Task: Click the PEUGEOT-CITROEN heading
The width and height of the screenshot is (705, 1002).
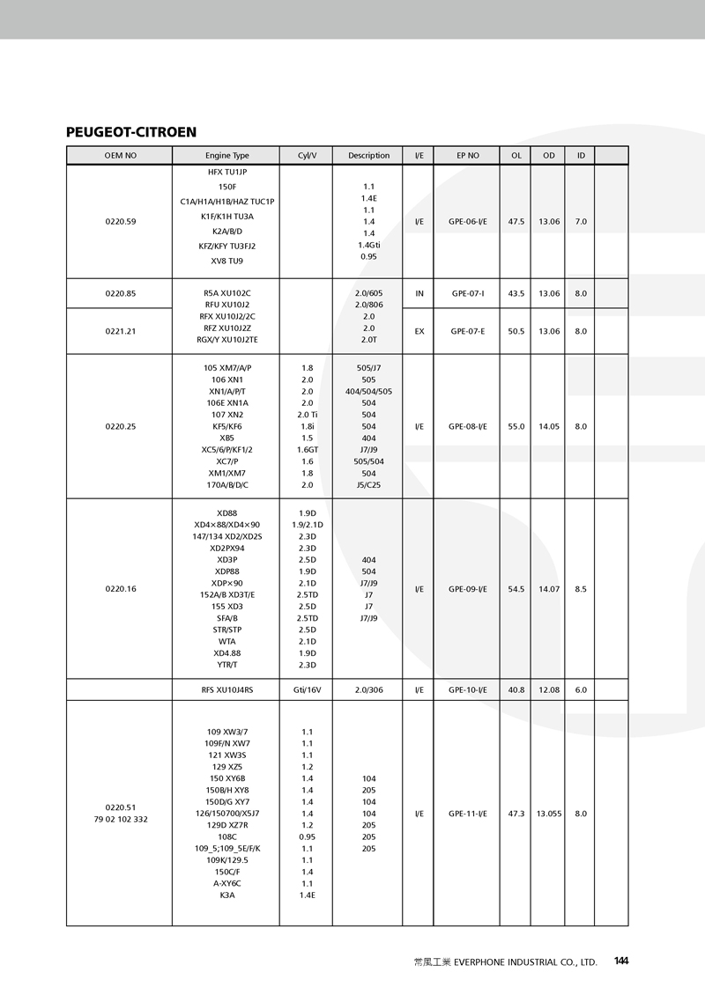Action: (x=131, y=132)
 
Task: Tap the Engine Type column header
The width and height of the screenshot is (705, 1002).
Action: (x=227, y=156)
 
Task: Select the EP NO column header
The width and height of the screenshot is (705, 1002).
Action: (x=468, y=156)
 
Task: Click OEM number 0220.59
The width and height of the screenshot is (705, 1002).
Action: (x=120, y=222)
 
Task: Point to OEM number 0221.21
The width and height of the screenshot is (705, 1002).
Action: (x=120, y=332)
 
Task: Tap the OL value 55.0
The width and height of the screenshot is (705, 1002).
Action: (x=516, y=426)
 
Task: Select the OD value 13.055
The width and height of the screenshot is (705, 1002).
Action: (x=549, y=814)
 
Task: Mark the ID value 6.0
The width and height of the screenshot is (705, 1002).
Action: (x=581, y=690)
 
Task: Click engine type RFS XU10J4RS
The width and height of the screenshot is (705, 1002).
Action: (x=227, y=690)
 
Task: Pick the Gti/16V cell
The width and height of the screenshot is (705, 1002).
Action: (x=307, y=690)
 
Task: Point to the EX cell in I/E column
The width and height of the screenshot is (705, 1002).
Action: (x=419, y=332)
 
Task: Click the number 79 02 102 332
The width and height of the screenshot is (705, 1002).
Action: (x=120, y=820)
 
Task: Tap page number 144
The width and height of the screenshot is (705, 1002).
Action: (x=621, y=961)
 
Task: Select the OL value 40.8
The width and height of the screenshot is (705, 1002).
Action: (x=516, y=690)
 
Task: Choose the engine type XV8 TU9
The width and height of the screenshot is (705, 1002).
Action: (x=227, y=261)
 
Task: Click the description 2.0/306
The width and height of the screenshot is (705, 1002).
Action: (x=368, y=690)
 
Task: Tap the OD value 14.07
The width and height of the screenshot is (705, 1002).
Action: (x=549, y=589)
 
